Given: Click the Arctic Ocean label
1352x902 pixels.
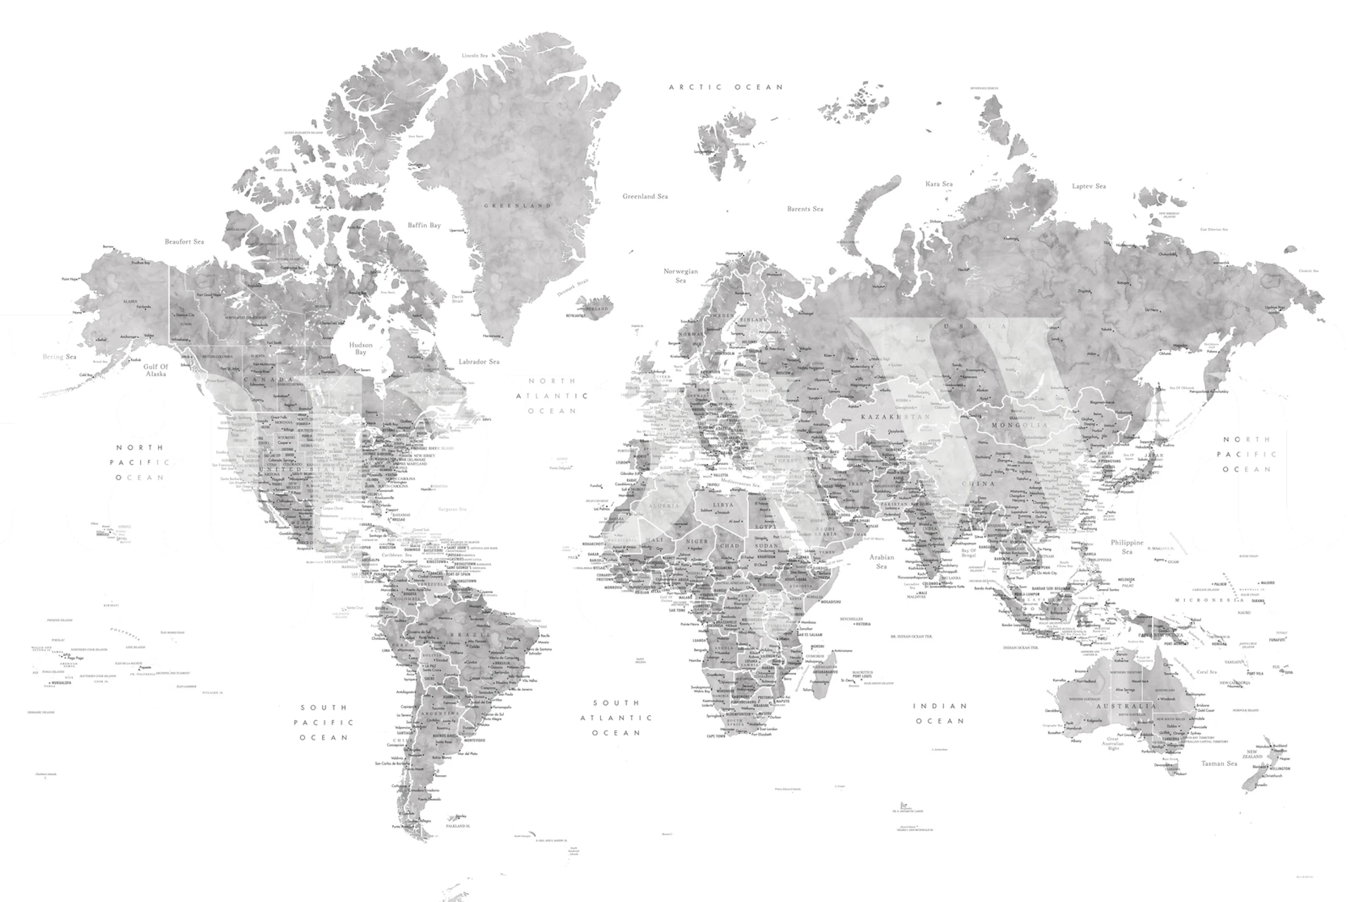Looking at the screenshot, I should point(726,87).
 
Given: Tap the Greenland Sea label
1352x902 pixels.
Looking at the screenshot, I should point(645,197).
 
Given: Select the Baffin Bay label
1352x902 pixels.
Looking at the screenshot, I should point(424,225).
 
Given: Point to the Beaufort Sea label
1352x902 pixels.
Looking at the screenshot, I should point(185,242).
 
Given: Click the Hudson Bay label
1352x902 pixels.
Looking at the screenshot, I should point(361,349).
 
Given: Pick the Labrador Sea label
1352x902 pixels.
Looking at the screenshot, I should point(479,362).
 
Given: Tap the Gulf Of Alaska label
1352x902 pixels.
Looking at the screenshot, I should point(156,371).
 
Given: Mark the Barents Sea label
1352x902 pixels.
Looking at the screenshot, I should point(805,209).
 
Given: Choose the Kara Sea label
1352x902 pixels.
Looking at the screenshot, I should point(938,184).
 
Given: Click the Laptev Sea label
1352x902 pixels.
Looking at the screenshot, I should point(1089,186).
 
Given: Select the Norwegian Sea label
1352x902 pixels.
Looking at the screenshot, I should point(681,276).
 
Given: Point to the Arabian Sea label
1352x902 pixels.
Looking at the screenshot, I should point(881,562).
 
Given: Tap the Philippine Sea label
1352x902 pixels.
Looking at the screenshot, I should point(1127,547).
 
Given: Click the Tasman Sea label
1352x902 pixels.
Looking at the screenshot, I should point(1219,764).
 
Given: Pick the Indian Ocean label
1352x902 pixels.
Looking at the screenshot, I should point(940,713).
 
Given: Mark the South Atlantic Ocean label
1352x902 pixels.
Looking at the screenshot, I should point(616,717).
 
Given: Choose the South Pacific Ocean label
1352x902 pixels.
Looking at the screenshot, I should point(324,722).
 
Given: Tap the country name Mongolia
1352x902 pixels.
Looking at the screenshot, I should point(1019,426).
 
